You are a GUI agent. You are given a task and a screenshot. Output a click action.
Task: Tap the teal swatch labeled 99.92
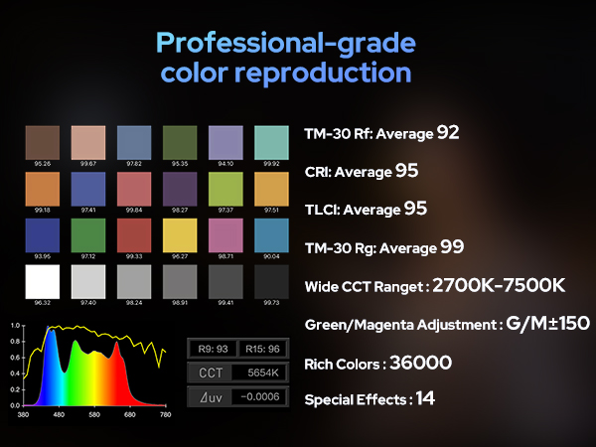(x=270, y=142)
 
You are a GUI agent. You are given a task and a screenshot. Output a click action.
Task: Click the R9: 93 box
(x=214, y=348)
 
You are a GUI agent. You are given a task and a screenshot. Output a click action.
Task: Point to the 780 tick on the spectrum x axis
(x=164, y=414)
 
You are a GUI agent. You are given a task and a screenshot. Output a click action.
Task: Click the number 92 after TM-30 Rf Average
(x=448, y=131)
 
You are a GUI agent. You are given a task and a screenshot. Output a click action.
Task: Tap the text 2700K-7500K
(x=501, y=286)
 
